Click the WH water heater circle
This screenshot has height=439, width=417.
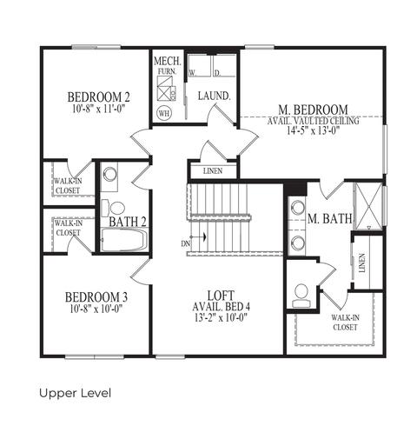pos(164,113)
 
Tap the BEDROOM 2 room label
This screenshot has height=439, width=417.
pos(99,97)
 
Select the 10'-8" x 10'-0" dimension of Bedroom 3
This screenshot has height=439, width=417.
pos(96,309)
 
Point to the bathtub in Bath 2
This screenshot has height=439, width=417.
pos(124,239)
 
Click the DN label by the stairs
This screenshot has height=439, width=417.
pos(186,243)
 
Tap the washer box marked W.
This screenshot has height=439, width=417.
pos(199,66)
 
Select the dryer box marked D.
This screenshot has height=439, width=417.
pos(224,66)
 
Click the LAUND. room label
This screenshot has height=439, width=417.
pos(215,96)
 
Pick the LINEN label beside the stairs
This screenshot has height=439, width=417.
pos(213,171)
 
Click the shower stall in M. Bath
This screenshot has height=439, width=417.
pos(367,206)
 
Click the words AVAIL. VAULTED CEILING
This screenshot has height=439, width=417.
pos(314,121)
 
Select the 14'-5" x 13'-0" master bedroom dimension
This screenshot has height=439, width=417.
pos(313,130)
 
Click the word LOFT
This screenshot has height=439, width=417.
pos(221,296)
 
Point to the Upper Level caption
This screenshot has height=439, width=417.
pos(75,393)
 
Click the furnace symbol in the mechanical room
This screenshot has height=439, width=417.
pos(166,89)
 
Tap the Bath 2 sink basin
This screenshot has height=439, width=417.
pos(110,174)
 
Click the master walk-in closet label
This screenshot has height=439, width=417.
pos(345,323)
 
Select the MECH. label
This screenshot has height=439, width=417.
pos(168,61)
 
